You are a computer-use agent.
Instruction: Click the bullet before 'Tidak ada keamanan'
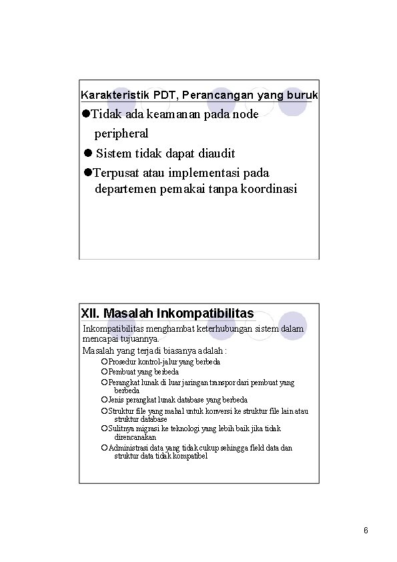tap(86, 115)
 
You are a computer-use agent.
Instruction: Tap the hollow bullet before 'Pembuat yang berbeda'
tap(104, 372)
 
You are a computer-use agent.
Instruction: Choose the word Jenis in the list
tap(116, 400)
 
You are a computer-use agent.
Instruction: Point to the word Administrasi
tap(129, 448)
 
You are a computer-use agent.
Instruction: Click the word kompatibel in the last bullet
tap(189, 456)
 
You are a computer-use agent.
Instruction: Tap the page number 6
tap(366, 531)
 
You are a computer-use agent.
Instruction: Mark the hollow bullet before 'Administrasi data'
tap(104, 448)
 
